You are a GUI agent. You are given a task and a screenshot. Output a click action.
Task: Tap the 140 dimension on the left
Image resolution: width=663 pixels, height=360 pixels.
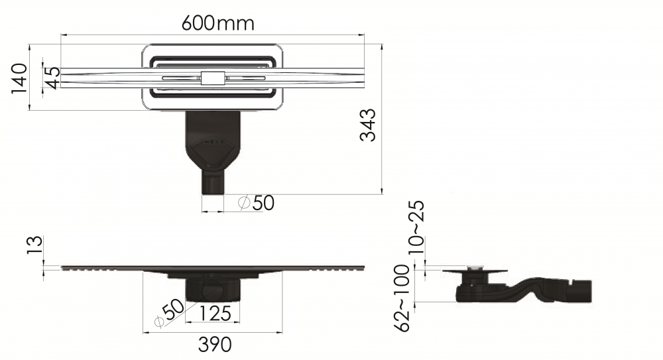point(19,79)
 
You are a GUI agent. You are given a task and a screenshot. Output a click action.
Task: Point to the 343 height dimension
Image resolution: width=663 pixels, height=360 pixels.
point(367,125)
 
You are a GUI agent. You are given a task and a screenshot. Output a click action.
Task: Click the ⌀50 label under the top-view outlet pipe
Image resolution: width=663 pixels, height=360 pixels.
point(256,203)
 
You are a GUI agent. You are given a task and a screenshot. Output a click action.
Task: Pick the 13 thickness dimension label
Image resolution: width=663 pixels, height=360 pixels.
point(35,245)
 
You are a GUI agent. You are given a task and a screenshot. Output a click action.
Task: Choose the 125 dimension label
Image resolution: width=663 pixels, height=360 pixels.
point(215,314)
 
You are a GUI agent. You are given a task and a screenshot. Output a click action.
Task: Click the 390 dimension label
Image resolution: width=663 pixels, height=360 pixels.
point(215,344)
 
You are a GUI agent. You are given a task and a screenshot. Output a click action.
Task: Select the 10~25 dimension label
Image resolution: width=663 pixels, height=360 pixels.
point(416,227)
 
